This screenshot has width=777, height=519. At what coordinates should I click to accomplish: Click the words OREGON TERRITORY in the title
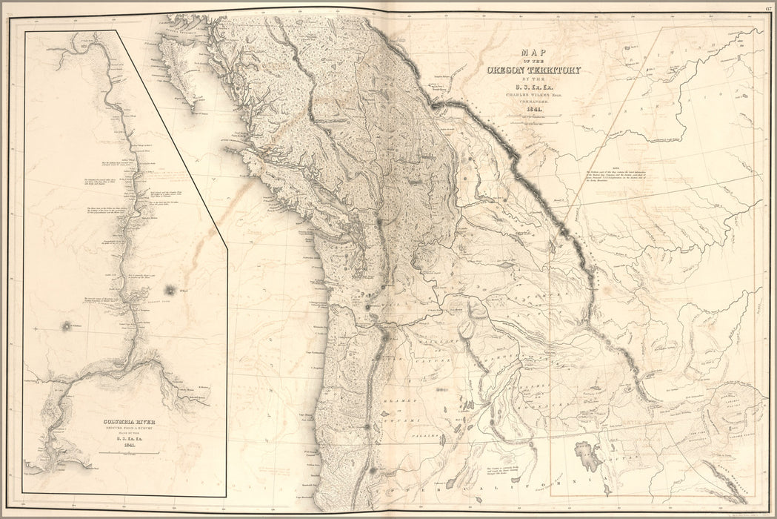click(533, 70)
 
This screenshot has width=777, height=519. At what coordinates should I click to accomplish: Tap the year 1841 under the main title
click(534, 110)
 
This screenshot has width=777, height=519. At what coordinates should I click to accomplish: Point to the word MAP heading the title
click(534, 53)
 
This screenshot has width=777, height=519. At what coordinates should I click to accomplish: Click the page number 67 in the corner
click(770, 8)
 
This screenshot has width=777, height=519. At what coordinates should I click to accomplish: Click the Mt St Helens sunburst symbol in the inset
click(68, 326)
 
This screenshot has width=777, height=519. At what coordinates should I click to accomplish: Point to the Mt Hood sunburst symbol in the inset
click(170, 289)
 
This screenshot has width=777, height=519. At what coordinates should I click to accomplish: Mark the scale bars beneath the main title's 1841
click(534, 119)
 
